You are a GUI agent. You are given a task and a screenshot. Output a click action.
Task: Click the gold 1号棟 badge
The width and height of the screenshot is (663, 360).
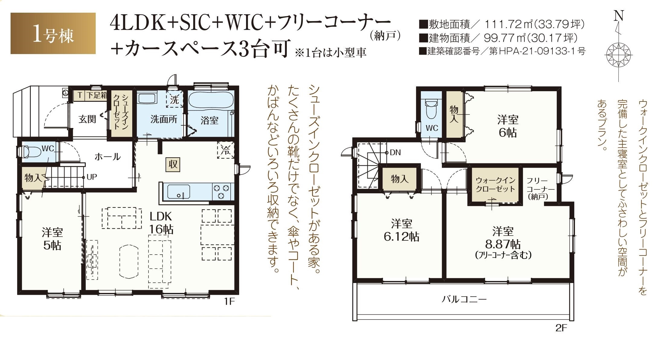(53, 33)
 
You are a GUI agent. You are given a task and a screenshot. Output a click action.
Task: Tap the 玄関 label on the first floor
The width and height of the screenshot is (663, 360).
(87, 119)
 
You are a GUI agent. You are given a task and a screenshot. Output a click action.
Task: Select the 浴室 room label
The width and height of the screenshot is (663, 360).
(209, 121)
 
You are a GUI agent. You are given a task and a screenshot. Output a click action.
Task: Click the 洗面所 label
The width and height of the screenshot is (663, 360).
(164, 119)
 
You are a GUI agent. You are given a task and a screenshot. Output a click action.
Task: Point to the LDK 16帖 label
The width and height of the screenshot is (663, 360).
(161, 223)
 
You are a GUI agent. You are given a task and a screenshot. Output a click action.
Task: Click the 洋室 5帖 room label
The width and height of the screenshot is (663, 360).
(52, 239)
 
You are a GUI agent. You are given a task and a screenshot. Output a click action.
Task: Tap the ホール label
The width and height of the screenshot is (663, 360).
(107, 156)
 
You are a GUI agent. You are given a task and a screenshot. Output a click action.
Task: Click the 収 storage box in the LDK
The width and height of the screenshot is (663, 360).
(173, 165)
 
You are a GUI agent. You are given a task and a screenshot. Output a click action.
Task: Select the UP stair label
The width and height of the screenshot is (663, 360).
(91, 177)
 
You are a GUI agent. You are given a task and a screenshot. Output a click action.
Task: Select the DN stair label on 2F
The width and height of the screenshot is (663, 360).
(395, 153)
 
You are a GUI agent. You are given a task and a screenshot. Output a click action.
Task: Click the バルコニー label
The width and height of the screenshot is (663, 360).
(464, 299)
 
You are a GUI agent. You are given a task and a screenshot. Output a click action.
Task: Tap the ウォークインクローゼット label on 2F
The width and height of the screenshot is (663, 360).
(495, 185)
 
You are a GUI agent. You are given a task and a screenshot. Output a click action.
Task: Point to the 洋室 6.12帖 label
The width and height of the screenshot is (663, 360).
(401, 230)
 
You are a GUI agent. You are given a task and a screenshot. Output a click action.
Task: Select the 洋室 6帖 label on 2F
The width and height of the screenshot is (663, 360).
(508, 126)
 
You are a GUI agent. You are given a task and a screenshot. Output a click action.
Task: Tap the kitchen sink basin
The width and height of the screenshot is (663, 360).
(179, 192)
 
